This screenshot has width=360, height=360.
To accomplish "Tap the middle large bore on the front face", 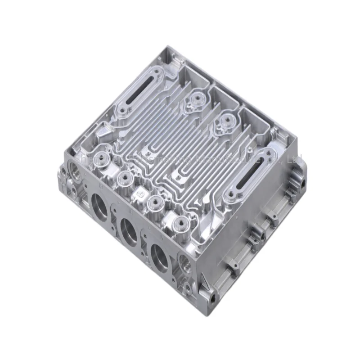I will [x=130, y=229].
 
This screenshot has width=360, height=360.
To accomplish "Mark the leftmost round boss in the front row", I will [x=100, y=159].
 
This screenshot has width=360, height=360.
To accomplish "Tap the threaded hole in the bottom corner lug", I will [x=211, y=298].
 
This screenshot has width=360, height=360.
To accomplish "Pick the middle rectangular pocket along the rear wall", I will [x=224, y=96].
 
